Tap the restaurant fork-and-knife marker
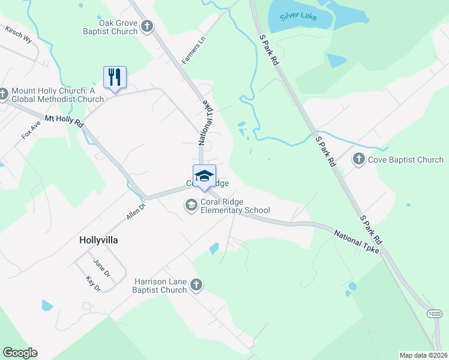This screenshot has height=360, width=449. (x=115, y=77)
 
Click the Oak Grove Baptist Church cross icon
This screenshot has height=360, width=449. (x=147, y=26)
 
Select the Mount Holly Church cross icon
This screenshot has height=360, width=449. (x=4, y=94)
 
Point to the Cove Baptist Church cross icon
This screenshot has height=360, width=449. (x=358, y=159)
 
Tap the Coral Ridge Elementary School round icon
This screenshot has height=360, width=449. (x=191, y=206)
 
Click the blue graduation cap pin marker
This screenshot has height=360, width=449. (x=204, y=175)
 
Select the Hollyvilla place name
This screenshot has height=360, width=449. (x=98, y=240)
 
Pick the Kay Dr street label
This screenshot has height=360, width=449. (x=93, y=284)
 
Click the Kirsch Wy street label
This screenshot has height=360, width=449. (x=17, y=35)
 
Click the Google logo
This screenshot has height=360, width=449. (x=20, y=353)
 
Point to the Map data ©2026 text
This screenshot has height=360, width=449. (x=423, y=355)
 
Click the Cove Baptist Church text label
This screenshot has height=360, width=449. (x=406, y=160)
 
